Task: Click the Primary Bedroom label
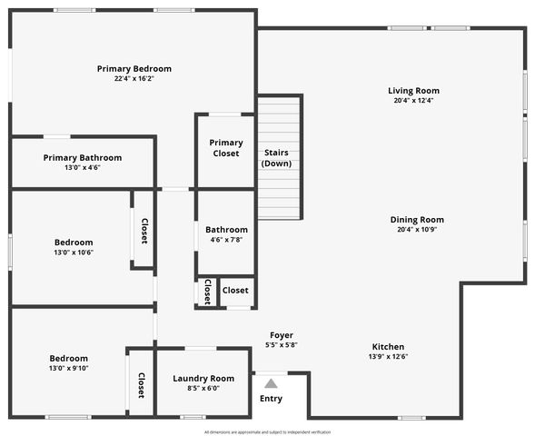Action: point(134,69)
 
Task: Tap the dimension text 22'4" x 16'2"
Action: point(134,79)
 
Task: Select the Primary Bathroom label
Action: point(83,157)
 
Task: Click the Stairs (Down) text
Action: point(276,158)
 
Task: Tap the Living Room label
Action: point(413,91)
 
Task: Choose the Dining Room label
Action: point(417,220)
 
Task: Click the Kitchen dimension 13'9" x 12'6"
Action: point(388,356)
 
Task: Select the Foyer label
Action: point(282,335)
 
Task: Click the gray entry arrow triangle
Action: point(271,383)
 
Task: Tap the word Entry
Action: point(271,399)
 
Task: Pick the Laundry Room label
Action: point(203,379)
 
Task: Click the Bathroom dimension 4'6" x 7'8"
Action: point(226,240)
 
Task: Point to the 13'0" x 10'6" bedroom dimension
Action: point(74,253)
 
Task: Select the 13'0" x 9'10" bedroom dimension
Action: point(69,368)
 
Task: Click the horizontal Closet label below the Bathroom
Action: point(235,291)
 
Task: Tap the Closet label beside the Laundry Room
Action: point(141,385)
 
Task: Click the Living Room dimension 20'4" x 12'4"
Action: point(413,101)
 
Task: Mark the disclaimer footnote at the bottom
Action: point(267,432)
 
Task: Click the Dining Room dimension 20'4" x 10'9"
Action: point(417,230)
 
